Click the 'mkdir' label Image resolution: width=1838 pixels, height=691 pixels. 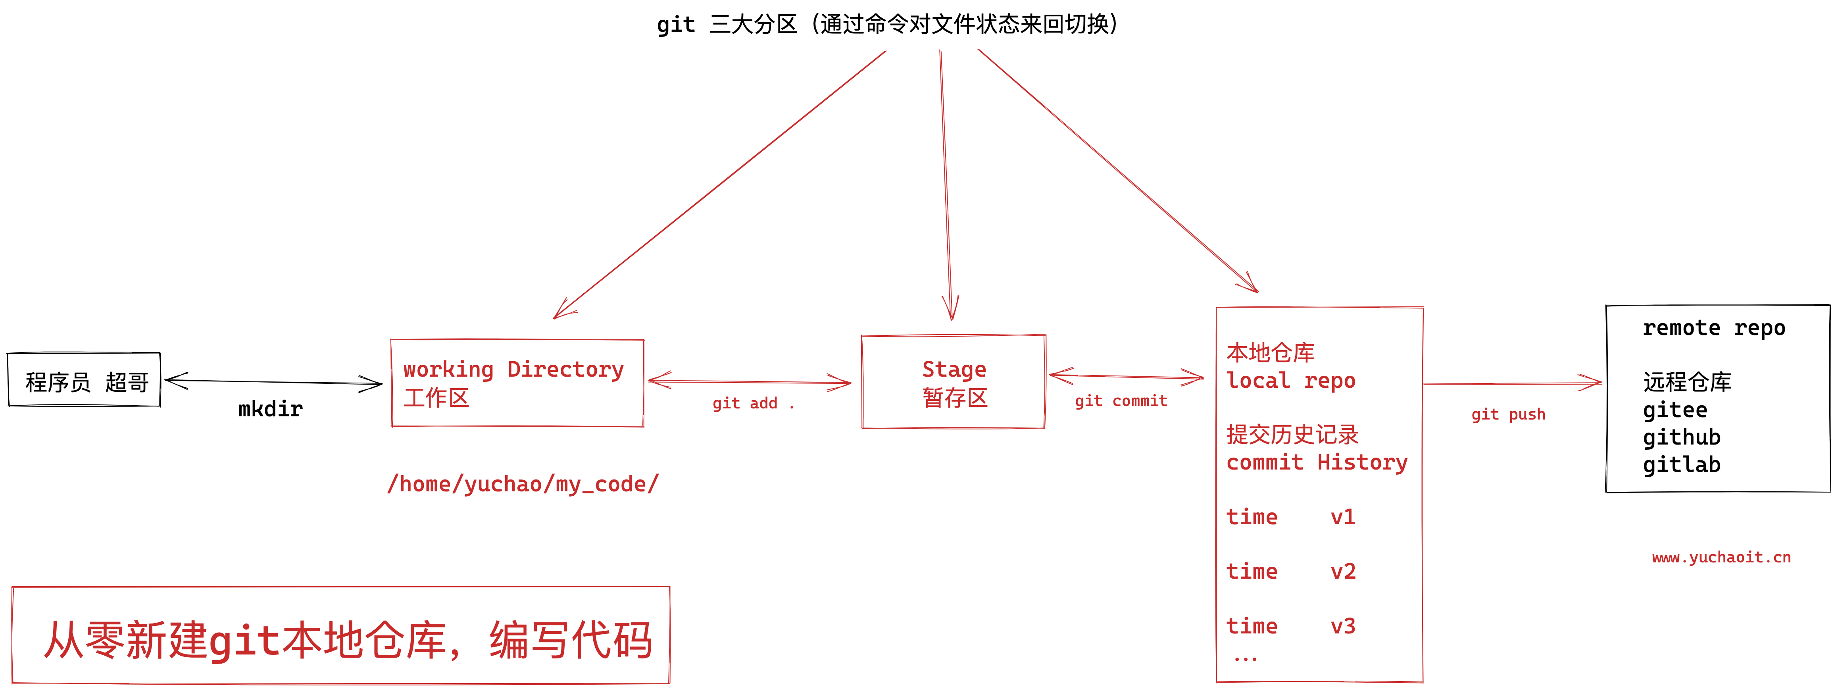[x=270, y=409]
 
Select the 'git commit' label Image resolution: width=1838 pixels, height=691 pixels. [x=1121, y=401]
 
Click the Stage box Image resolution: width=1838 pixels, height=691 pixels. [x=953, y=382]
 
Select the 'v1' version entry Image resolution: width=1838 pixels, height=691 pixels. [x=1342, y=517]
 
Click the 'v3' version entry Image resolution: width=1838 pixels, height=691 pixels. [x=1342, y=626]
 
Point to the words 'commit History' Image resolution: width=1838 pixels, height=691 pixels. [x=1317, y=462]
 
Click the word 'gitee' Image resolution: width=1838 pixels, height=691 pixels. [x=1675, y=410]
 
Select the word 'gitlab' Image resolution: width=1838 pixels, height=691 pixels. [x=1681, y=465]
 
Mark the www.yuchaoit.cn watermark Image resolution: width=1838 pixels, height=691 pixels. [x=1721, y=558]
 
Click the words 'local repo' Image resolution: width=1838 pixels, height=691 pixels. [x=1290, y=381]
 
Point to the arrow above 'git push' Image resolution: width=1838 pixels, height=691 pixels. [x=1513, y=384]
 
